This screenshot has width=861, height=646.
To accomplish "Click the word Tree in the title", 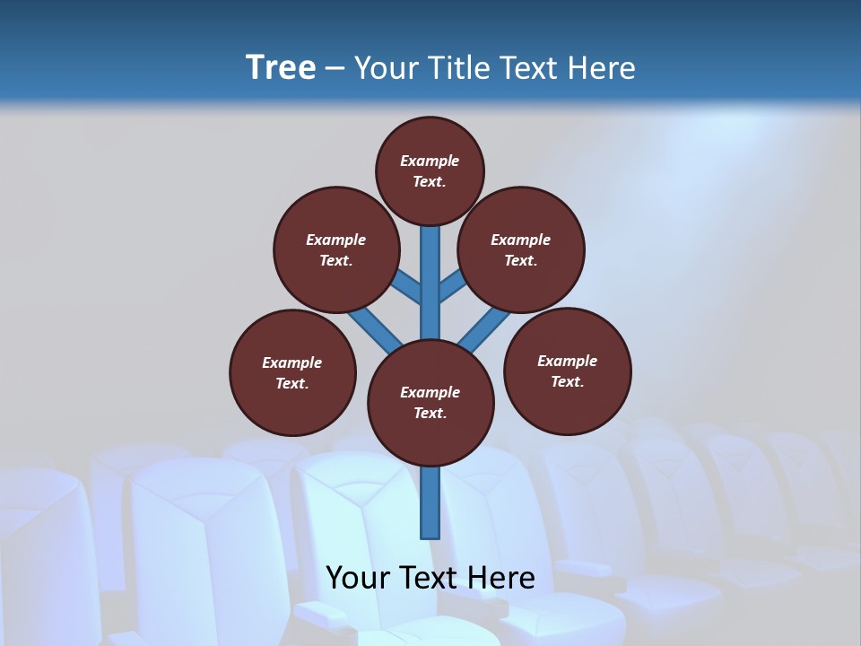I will [281, 68].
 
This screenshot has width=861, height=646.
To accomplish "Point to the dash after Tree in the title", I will [335, 69].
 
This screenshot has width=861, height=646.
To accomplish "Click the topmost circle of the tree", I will [430, 170].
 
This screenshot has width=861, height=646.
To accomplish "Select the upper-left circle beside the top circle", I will [336, 249].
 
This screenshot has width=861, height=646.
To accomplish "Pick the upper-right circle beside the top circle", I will [521, 249].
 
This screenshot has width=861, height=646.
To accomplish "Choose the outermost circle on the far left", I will [292, 372].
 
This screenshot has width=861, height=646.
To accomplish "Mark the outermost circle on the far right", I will [568, 371].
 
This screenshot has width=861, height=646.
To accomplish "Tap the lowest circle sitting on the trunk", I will [430, 402].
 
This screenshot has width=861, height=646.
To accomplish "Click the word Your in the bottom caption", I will [358, 578].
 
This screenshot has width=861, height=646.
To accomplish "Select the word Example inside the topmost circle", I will [430, 161].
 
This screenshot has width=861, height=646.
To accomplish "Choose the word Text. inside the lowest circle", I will [430, 413].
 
